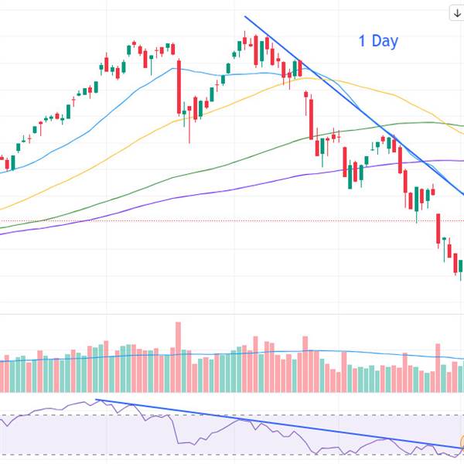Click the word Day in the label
point(385,41)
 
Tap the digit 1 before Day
point(363,41)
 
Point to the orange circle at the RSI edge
point(462,443)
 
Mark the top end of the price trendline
point(245,16)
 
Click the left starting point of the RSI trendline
point(96,400)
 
